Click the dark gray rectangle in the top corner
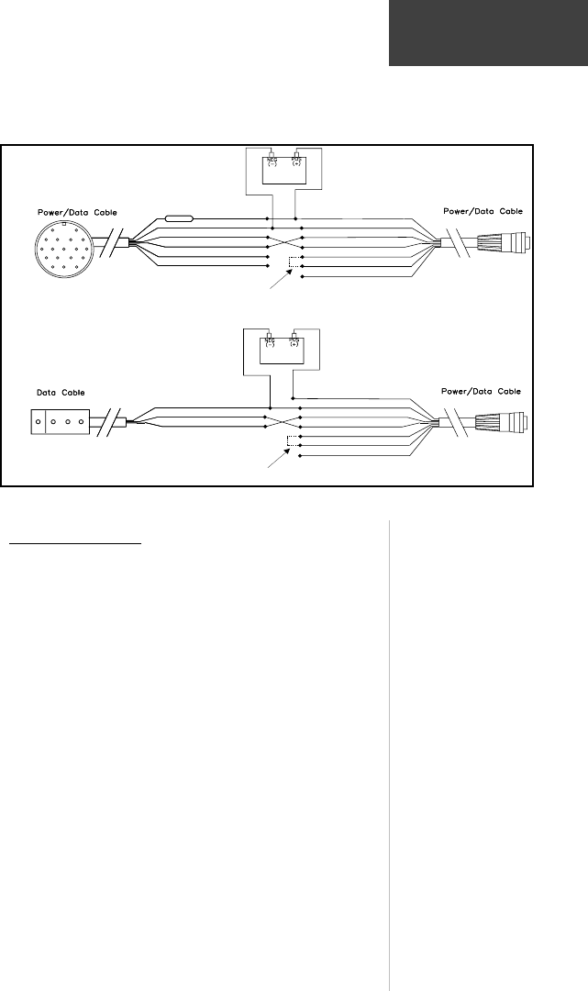488,33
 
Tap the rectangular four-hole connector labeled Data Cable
61,424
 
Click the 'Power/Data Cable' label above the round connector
78,213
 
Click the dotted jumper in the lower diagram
293,442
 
